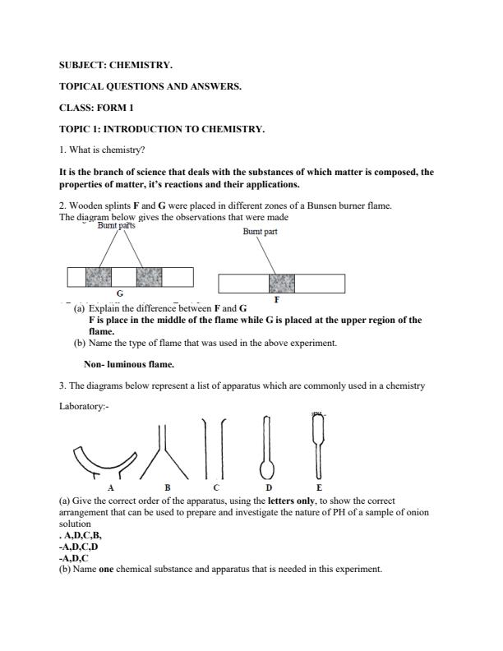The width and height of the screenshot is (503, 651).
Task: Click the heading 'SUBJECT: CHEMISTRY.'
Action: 116,64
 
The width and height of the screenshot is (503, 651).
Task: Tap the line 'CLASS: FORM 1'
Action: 99,108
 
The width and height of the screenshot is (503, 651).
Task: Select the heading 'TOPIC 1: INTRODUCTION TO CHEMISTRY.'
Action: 162,129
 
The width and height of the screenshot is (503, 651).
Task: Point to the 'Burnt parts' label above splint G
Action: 116,225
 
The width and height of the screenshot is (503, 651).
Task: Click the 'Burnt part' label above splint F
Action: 260,232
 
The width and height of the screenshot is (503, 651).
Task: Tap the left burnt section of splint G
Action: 98,277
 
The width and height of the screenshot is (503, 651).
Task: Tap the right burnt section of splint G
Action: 149,277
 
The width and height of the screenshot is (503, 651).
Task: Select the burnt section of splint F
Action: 281,284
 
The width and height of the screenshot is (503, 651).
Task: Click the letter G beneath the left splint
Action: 120,293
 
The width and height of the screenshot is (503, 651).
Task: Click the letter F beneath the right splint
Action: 276,300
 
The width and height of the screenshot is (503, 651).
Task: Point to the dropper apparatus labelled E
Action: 318,444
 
